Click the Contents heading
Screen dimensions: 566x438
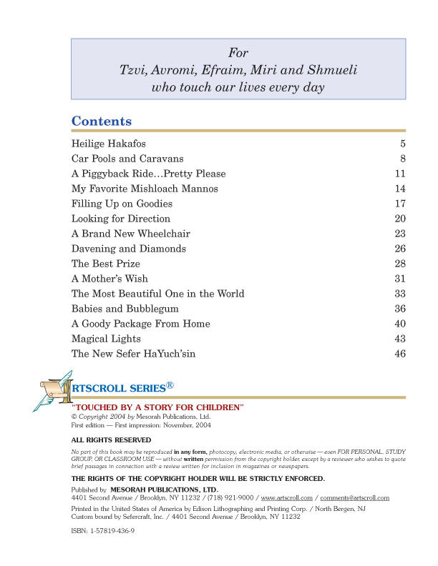point(101,121)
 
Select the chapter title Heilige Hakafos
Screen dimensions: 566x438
point(108,144)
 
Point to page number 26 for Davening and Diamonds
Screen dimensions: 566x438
point(400,249)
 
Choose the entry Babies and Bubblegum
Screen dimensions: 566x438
point(125,309)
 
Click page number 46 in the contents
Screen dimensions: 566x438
point(400,354)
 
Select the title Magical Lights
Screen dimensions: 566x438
point(106,339)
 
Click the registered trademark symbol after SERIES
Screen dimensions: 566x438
point(170,385)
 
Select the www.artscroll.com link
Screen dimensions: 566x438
point(287,497)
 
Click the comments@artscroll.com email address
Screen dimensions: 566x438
point(354,497)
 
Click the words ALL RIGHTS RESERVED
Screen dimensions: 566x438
point(111,440)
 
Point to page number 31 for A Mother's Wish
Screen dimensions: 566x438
point(400,279)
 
